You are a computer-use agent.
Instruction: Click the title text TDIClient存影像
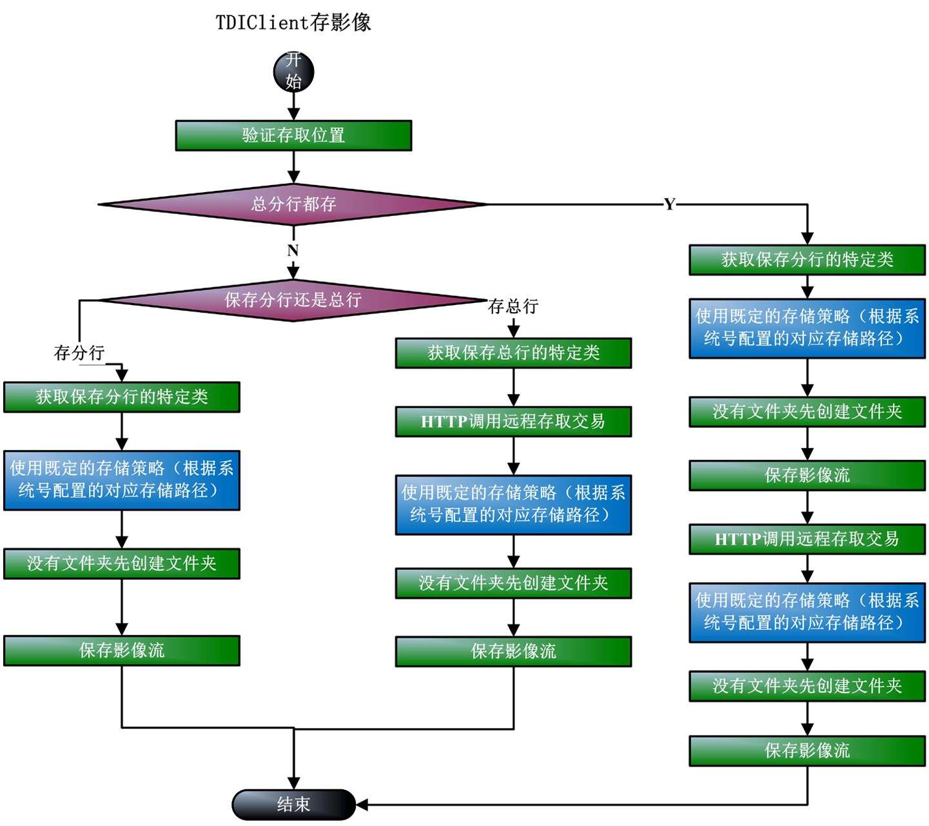(293, 23)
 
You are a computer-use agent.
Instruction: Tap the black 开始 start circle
(293, 72)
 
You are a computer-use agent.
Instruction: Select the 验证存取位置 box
(293, 135)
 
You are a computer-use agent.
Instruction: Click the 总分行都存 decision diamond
(293, 204)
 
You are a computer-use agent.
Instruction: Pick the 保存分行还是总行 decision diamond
(293, 300)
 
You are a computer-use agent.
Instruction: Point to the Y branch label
(669, 204)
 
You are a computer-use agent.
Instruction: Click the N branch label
(293, 250)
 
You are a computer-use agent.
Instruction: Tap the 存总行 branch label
(513, 306)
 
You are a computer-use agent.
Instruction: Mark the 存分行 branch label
(79, 353)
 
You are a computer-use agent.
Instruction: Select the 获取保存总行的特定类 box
(513, 353)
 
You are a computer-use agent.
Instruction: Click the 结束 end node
(293, 804)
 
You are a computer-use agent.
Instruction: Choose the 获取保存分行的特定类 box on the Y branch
(807, 260)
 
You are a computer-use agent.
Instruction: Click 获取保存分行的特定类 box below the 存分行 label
(122, 397)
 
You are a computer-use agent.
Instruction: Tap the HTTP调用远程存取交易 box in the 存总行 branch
(513, 422)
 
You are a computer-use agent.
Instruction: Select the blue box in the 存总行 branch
(513, 504)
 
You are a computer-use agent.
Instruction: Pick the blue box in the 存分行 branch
(122, 480)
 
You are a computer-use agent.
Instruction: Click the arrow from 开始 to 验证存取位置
(293, 105)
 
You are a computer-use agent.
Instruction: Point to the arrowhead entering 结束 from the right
(362, 804)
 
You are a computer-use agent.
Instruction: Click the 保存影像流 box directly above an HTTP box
(807, 475)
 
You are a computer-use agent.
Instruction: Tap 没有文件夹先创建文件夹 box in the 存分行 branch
(122, 564)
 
